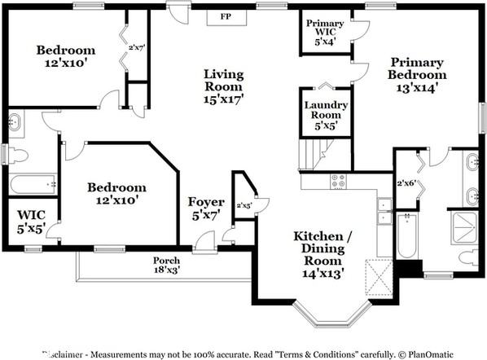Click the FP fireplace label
point(226,16)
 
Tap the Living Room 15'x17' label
point(224,86)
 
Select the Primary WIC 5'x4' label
point(325,33)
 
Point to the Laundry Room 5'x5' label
point(326,115)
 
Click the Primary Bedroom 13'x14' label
point(417,75)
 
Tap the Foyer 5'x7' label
point(206,209)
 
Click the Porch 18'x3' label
point(167,265)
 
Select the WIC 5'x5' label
point(31,222)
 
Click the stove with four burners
point(338,181)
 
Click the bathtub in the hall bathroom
point(33,185)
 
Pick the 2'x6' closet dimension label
point(406,183)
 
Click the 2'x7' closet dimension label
point(137,48)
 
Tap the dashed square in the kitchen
point(379,277)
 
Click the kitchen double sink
point(384,211)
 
